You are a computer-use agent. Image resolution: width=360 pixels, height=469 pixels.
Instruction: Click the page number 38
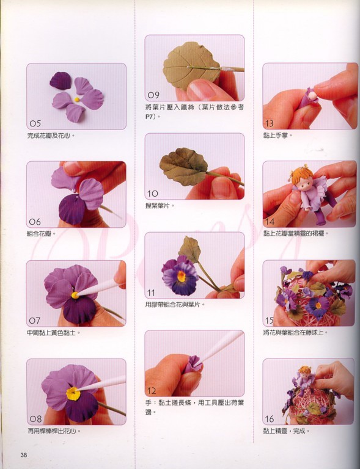point(24,455)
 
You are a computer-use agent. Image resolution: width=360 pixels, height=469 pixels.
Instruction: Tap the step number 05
point(35,123)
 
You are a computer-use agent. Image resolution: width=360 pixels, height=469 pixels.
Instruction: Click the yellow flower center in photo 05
point(77,100)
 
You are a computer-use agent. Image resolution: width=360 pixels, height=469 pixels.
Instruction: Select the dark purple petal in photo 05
point(60,81)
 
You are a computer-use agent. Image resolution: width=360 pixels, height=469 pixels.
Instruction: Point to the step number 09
point(153,95)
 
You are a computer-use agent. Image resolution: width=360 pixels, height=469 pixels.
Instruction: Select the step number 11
point(152,293)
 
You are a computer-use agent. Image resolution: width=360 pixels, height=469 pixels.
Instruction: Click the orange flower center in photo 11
point(182,277)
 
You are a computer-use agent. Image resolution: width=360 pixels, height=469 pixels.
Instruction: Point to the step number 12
point(152,390)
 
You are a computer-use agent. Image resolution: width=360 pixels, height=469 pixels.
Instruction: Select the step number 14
point(270,222)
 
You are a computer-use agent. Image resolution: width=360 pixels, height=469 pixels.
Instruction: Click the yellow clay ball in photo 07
point(75,296)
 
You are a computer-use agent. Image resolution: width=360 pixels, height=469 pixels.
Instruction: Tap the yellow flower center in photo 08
point(73,394)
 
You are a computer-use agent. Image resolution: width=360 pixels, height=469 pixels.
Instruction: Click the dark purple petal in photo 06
point(72,209)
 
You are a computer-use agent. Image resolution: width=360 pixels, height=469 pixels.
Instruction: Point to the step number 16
point(270,419)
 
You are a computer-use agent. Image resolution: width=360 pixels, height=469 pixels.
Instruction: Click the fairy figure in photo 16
point(303,379)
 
